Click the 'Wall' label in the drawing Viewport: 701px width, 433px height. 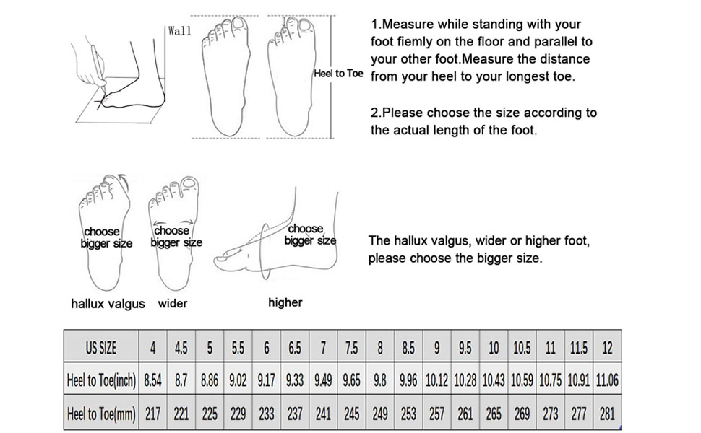click(x=179, y=31)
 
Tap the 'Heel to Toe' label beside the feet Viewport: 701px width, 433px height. click(x=338, y=74)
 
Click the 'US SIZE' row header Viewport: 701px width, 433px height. click(x=101, y=347)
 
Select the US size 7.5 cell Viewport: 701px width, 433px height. click(x=351, y=347)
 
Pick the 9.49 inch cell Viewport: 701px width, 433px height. click(x=323, y=380)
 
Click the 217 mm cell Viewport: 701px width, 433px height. click(x=153, y=414)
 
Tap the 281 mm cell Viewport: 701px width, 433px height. click(x=607, y=414)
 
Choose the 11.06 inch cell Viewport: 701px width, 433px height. click(x=607, y=380)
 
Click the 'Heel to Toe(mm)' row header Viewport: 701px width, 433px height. click(x=101, y=414)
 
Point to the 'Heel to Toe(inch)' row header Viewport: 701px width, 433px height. click(x=101, y=380)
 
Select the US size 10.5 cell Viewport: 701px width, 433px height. click(x=522, y=347)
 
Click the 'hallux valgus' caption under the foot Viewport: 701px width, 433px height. click(x=108, y=304)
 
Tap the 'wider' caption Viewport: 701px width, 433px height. click(x=173, y=304)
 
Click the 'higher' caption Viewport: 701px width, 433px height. click(x=285, y=302)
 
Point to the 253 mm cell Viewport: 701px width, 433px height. click(x=408, y=414)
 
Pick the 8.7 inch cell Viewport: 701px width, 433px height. click(x=181, y=380)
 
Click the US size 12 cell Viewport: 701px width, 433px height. click(x=607, y=347)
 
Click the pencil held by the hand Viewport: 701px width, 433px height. click(x=99, y=65)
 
